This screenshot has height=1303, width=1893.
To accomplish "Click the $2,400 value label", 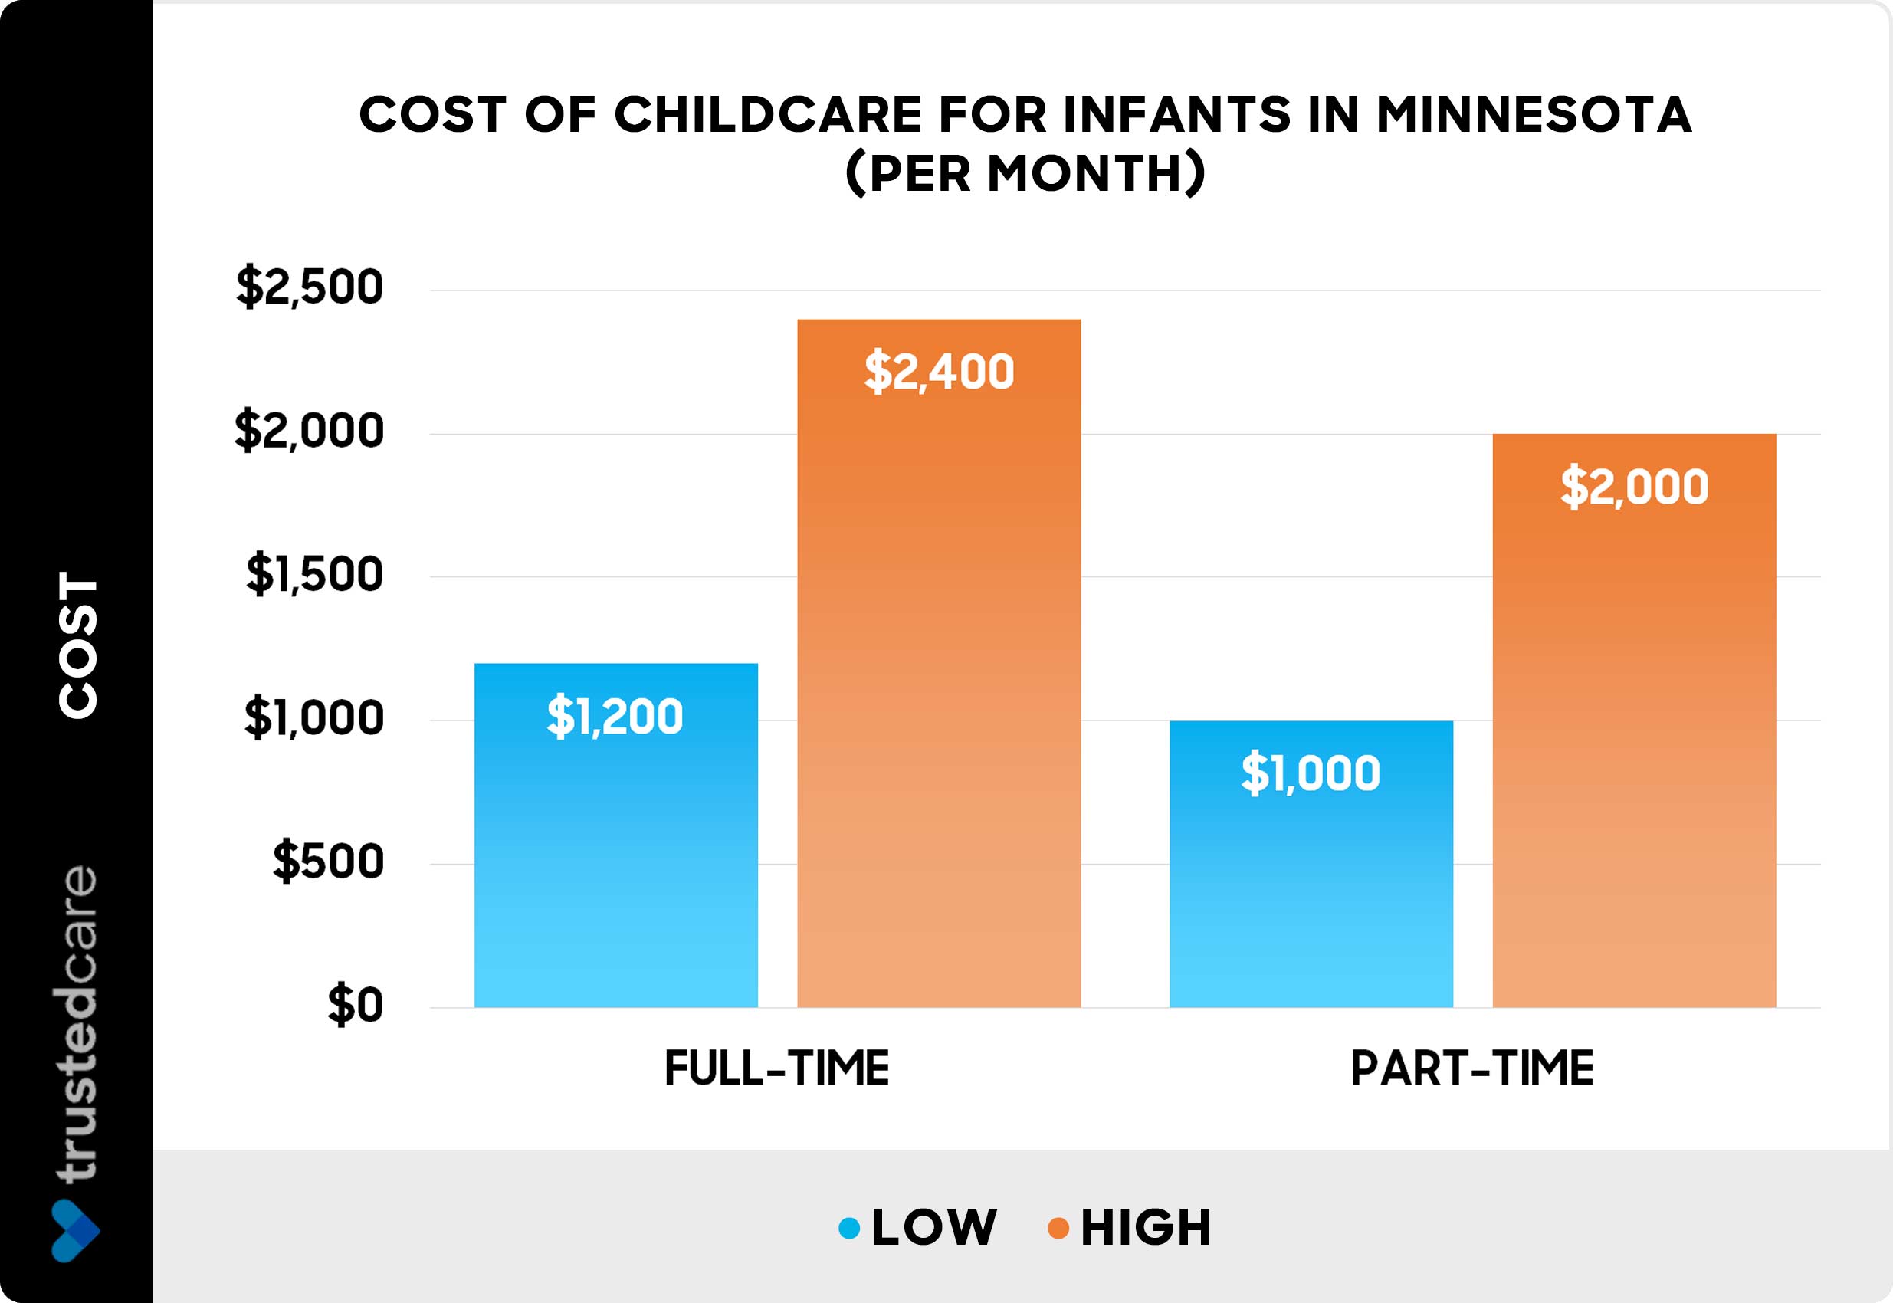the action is [939, 372].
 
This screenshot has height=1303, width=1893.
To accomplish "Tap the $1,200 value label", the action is [615, 716].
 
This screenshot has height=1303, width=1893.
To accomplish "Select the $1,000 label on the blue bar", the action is [1311, 773].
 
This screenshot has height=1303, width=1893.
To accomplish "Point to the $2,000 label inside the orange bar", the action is [1634, 487].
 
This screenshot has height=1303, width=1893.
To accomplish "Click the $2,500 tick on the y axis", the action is [310, 287].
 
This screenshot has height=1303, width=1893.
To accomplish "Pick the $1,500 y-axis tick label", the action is [314, 574].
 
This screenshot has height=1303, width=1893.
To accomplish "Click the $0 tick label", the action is [355, 1004].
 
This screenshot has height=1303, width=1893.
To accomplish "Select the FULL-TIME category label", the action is [777, 1068].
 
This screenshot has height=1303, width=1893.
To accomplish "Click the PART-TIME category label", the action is [1471, 1068].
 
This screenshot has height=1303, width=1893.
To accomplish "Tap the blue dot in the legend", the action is [850, 1228].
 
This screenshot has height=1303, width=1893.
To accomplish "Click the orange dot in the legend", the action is [1058, 1228].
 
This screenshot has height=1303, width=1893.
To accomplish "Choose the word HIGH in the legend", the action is [1146, 1227].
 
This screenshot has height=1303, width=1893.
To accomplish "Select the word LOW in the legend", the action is [933, 1227].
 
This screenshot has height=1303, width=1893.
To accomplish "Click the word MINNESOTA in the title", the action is [1534, 114].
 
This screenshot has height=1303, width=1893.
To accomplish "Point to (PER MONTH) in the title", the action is [1025, 173].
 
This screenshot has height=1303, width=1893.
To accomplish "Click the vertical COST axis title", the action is [78, 645].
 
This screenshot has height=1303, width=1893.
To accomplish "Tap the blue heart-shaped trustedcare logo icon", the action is [75, 1230].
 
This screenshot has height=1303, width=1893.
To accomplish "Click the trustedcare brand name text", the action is [77, 1024].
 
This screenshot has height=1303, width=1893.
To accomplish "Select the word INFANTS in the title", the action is [1176, 114].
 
